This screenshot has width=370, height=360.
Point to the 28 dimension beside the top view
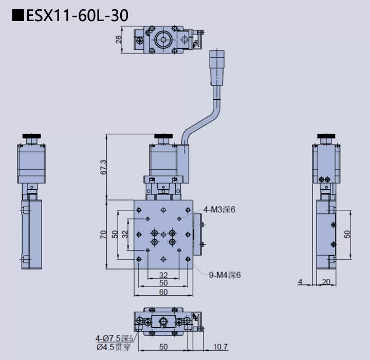coord(119,39)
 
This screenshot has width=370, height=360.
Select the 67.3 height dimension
coord(103,167)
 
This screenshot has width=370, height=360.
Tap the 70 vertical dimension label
coord(103,235)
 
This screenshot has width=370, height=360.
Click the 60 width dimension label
coord(163,292)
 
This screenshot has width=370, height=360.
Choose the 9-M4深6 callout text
coord(225,275)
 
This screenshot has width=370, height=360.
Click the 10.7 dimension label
coord(220,347)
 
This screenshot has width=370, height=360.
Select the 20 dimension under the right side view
coord(326,282)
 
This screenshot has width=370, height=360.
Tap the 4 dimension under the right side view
coord(301,282)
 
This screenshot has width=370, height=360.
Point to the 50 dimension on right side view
coord(347,234)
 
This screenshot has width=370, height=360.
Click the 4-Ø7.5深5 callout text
coord(114,338)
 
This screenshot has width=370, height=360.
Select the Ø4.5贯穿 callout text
coord(114,346)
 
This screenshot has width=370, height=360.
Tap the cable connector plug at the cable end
coord(216,67)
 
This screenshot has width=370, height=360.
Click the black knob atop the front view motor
coord(164,136)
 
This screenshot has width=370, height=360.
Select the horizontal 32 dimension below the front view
coord(163,275)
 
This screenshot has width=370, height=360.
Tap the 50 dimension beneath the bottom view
coord(163,347)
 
